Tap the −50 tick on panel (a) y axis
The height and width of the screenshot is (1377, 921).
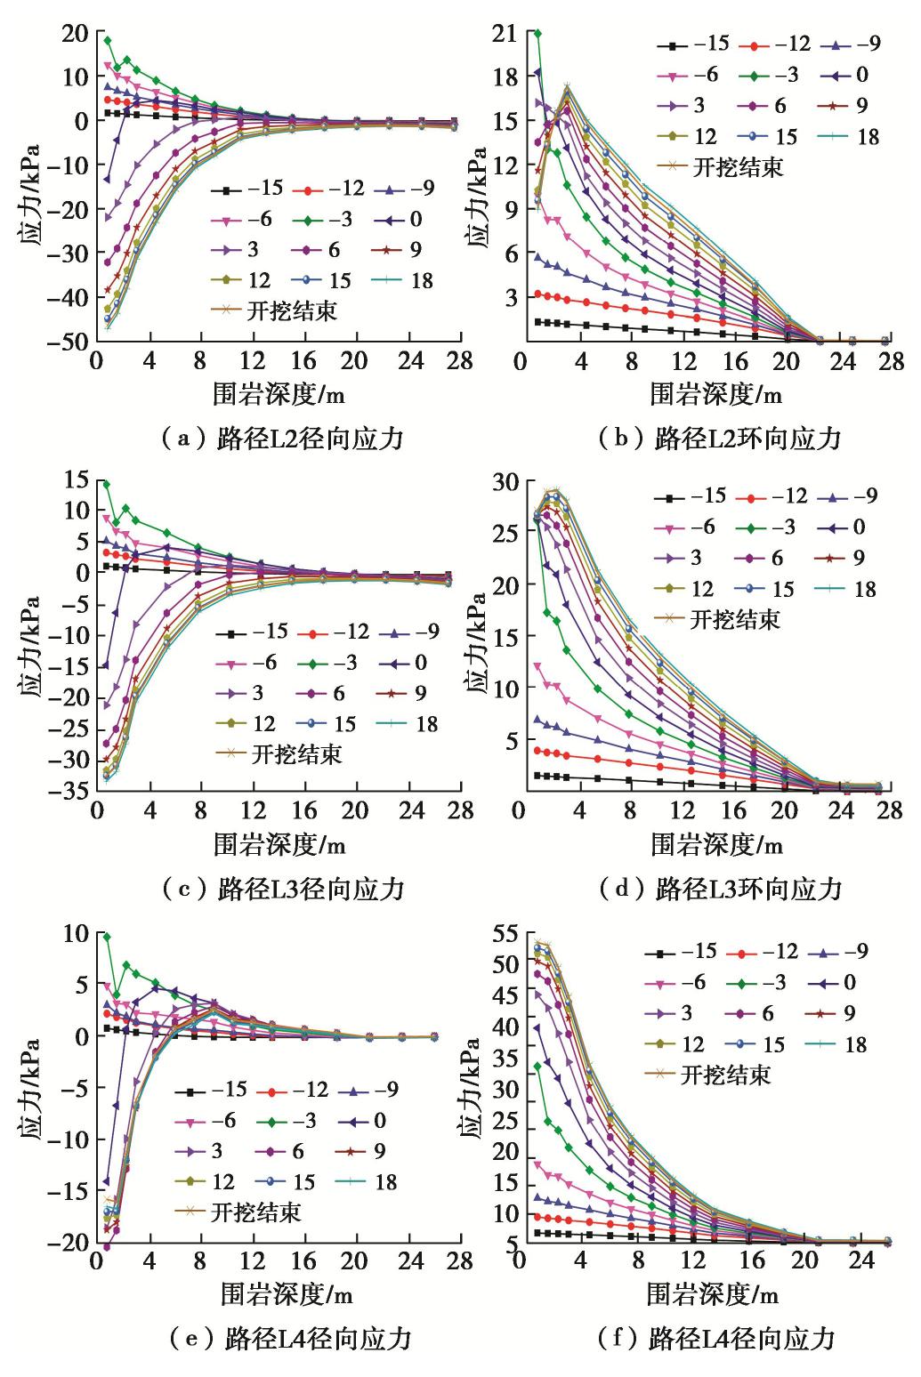click(69, 342)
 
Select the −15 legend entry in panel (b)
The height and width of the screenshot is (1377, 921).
click(694, 45)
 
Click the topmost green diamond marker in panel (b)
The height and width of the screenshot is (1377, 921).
click(538, 34)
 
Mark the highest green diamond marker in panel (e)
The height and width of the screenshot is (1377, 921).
click(107, 937)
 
